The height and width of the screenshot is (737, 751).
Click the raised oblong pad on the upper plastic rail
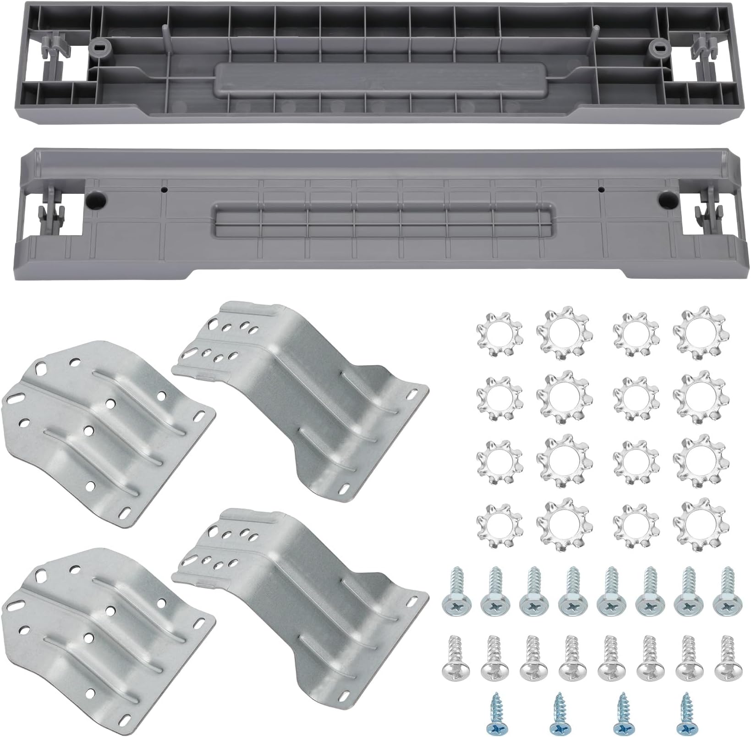(381, 79)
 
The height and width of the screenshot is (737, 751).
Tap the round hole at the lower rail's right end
(665, 198)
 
